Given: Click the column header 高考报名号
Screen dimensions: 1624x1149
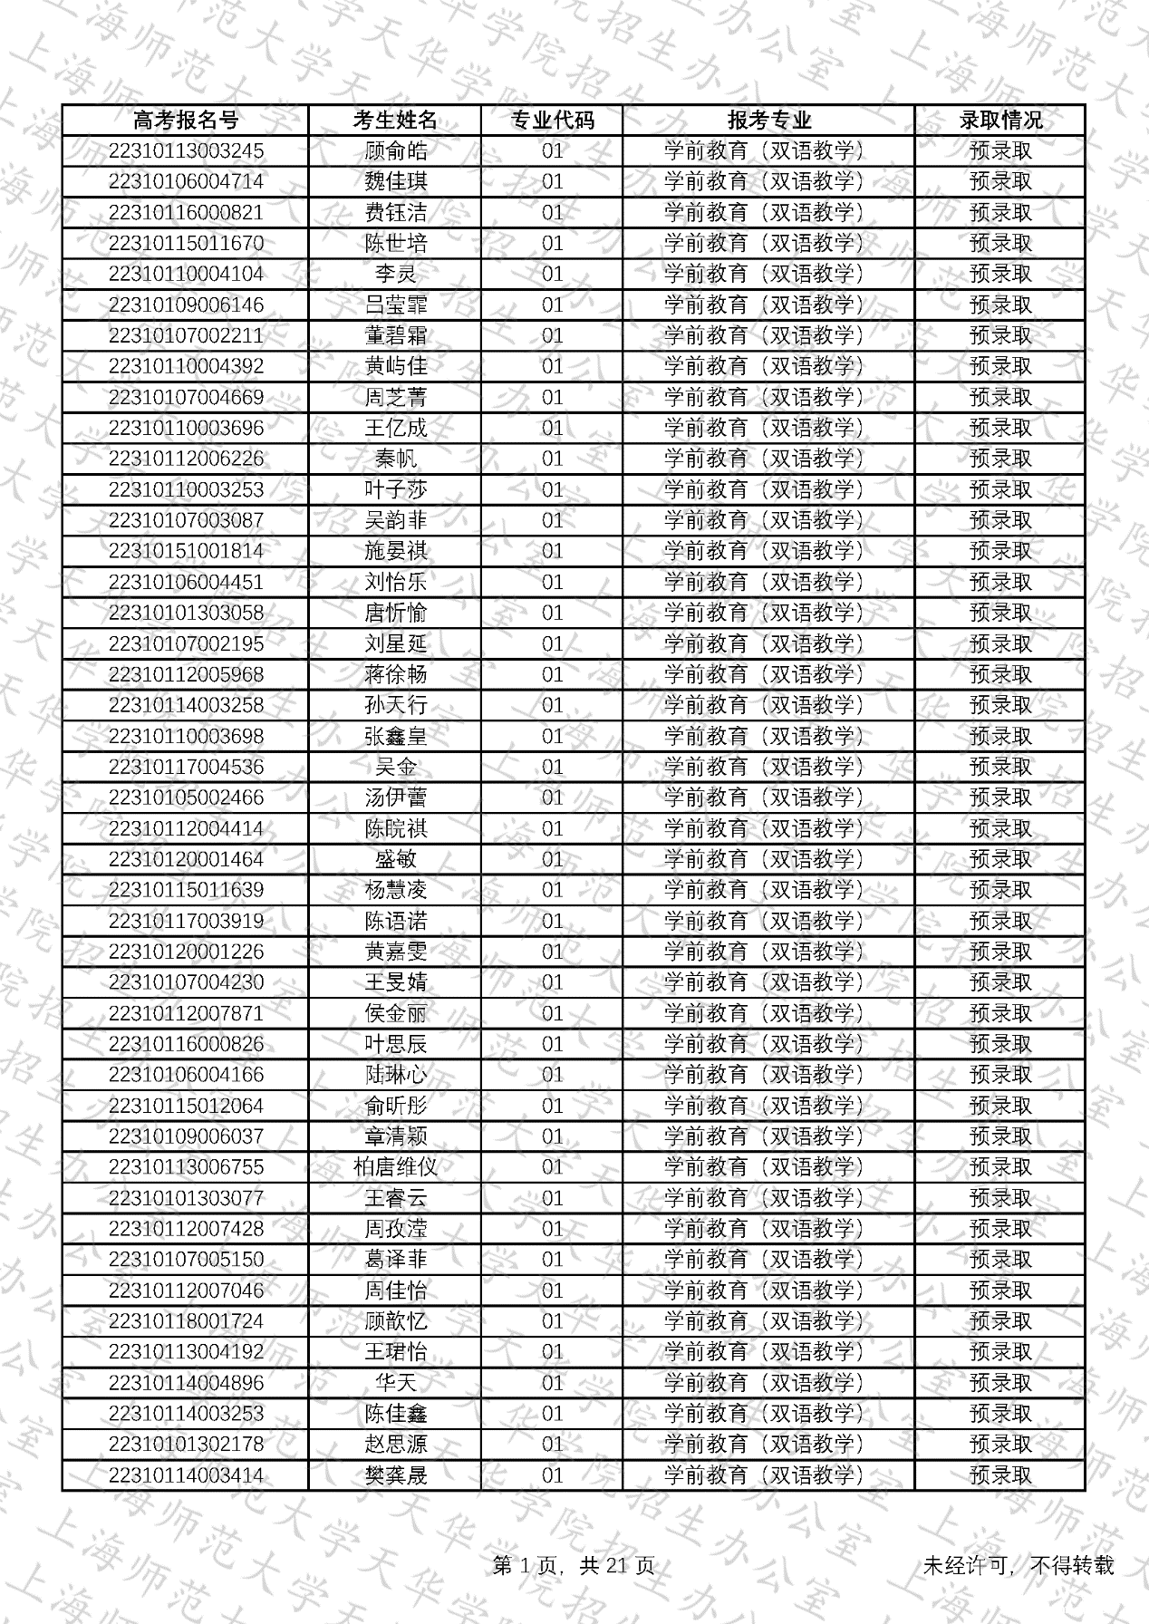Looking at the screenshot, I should click(x=186, y=120).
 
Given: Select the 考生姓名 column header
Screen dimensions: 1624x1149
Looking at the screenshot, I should click(x=395, y=120).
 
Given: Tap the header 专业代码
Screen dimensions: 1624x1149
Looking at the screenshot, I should click(x=552, y=120).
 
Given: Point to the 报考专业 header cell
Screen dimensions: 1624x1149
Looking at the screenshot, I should click(x=768, y=120).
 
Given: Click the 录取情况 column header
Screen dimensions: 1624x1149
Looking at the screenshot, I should click(x=1000, y=120).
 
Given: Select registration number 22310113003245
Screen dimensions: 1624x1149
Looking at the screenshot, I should click(x=186, y=150).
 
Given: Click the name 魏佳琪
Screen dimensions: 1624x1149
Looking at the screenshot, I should click(x=395, y=181).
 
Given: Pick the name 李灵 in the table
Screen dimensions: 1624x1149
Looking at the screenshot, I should click(x=395, y=274).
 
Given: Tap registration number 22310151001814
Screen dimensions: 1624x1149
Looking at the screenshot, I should click(x=186, y=551).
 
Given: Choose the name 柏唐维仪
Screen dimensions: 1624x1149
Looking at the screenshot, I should click(x=395, y=1167).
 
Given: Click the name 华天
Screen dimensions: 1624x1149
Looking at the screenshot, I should click(x=395, y=1383).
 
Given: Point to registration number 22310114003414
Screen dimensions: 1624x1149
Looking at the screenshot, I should click(x=186, y=1475).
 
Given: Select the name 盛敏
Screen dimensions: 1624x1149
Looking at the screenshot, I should click(x=395, y=859).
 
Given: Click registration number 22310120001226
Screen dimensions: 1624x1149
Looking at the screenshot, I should click(x=186, y=952).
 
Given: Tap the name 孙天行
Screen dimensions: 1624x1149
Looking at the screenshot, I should click(x=395, y=705).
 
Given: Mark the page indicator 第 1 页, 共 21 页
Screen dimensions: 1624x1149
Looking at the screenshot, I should click(x=574, y=1565).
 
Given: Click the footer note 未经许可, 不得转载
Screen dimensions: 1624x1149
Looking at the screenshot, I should click(x=1018, y=1565).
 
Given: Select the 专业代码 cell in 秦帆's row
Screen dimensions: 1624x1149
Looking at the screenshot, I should click(x=552, y=459).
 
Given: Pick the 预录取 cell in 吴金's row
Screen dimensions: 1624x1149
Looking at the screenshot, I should click(x=1000, y=767).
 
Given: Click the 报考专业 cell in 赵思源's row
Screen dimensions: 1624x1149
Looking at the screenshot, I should click(x=768, y=1445).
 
